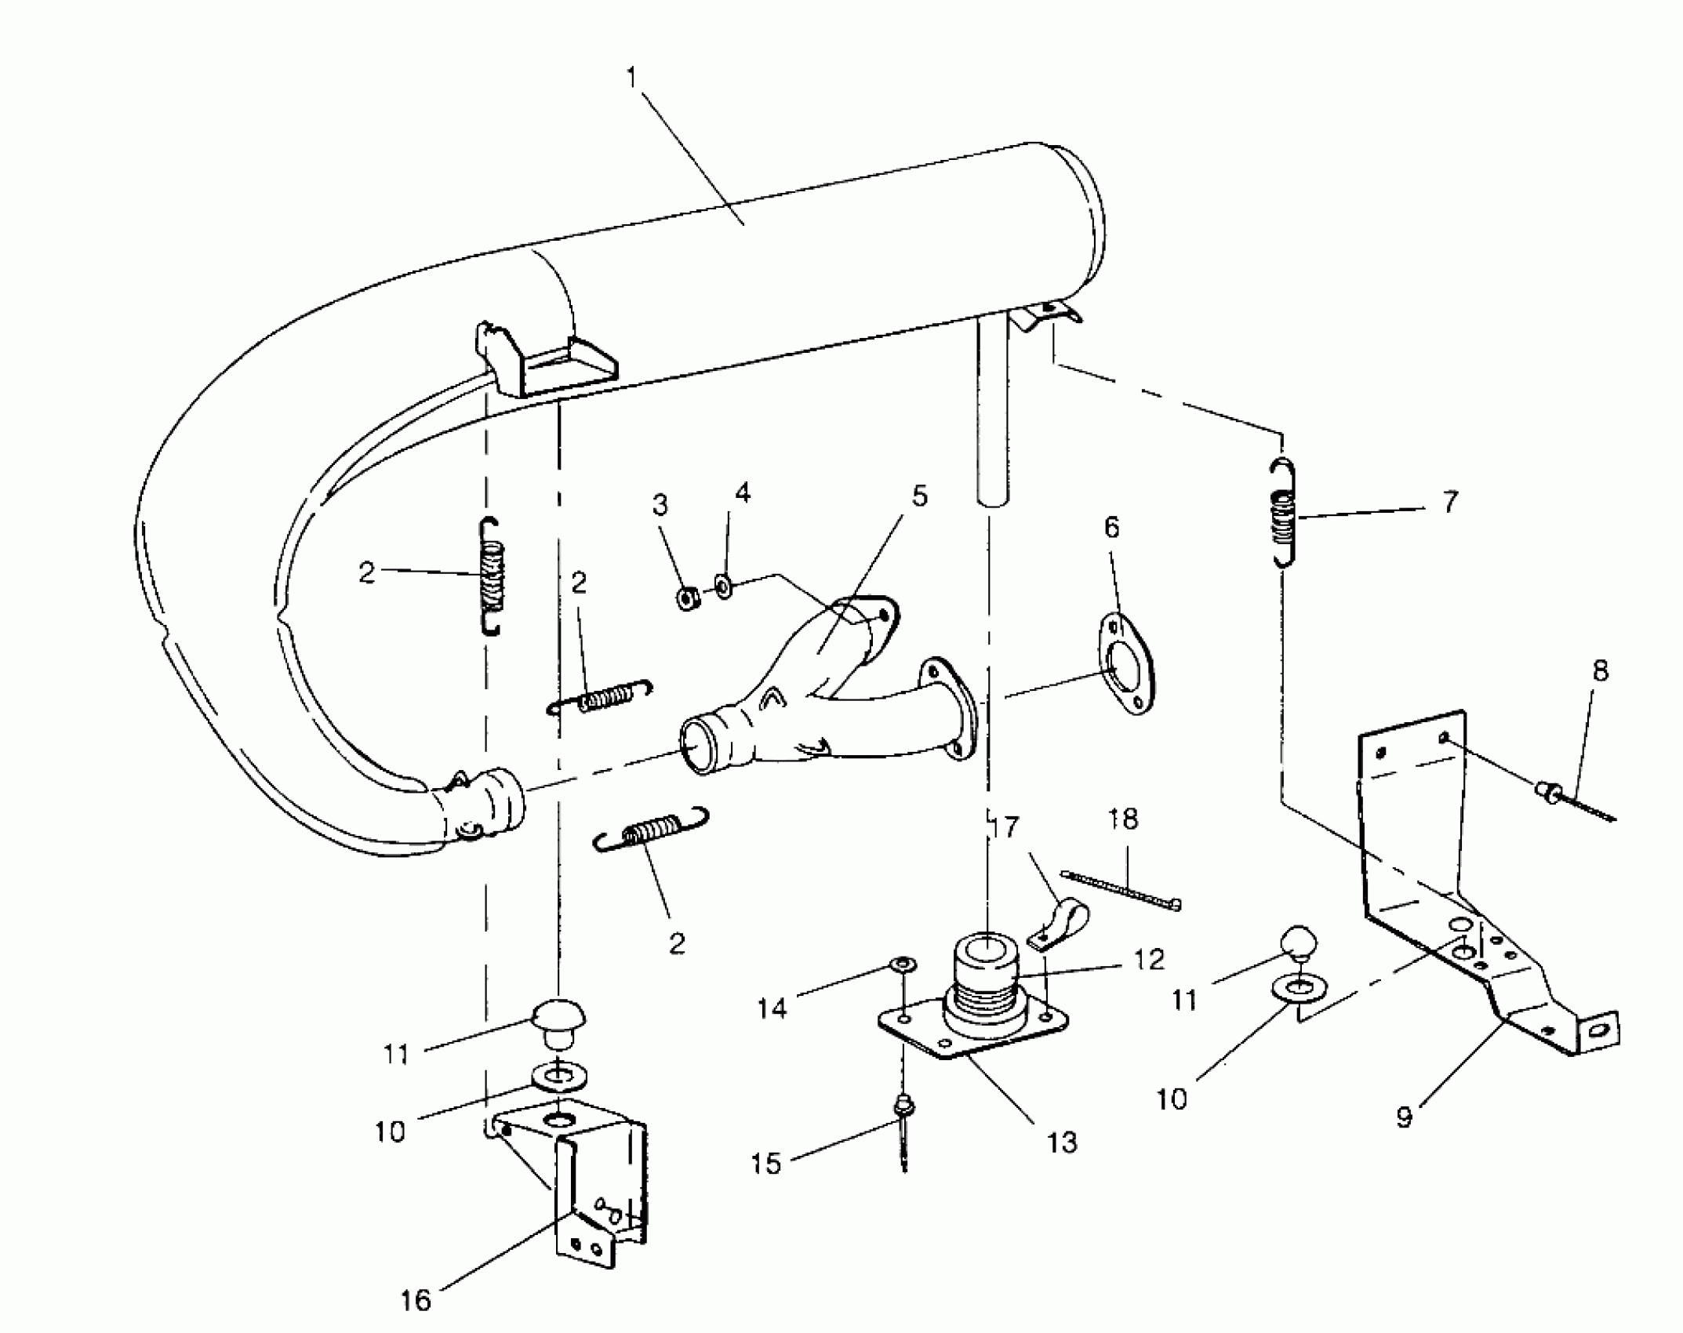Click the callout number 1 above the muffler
(633, 78)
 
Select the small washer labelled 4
(723, 586)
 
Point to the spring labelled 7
(1283, 512)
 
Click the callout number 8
(1600, 670)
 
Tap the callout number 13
(1062, 1142)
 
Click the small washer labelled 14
(903, 962)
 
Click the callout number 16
(416, 1300)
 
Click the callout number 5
(919, 496)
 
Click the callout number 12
(1149, 960)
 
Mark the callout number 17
(1005, 826)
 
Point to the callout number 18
(1123, 819)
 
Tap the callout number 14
(772, 1008)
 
